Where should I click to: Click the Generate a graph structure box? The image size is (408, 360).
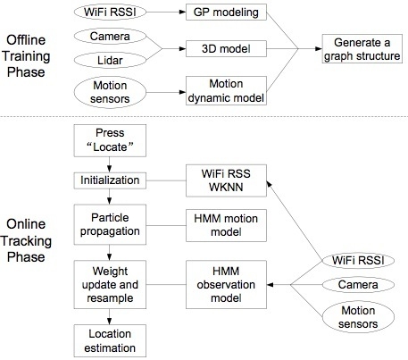(x=361, y=48)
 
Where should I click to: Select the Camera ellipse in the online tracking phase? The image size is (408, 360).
(x=354, y=285)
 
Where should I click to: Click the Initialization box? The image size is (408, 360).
(x=108, y=180)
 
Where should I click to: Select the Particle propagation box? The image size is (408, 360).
(x=108, y=223)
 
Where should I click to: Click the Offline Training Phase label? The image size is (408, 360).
(x=28, y=54)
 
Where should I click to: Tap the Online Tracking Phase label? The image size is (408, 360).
(x=28, y=240)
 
